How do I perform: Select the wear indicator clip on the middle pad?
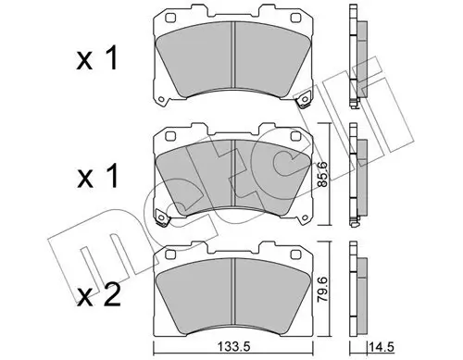coord(161,218)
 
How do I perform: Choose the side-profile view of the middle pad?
coord(357,176)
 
